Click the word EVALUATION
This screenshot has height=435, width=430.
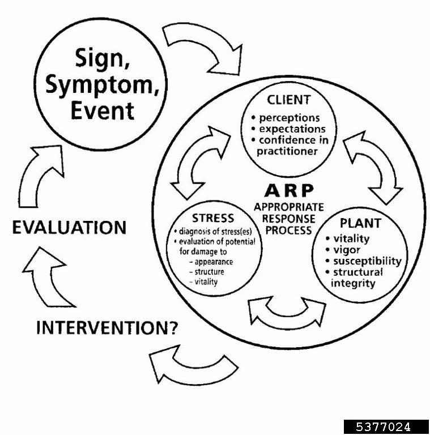point(69,227)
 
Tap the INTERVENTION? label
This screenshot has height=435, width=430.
point(107,327)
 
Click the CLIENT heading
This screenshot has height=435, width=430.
point(288,100)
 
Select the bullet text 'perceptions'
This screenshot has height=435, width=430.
point(289,118)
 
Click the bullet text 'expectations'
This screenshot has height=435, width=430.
point(292,129)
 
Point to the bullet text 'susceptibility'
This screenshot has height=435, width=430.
point(367,261)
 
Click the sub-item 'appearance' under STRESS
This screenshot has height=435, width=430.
point(213,262)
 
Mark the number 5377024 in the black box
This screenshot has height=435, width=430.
point(385,427)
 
